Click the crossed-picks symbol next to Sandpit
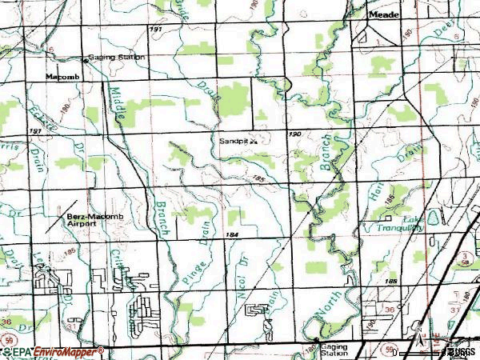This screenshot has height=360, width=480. coord(254,140)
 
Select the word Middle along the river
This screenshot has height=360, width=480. coord(118,104)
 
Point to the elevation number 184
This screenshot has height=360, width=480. coord(233,234)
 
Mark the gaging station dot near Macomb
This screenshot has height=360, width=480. coord(87,59)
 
